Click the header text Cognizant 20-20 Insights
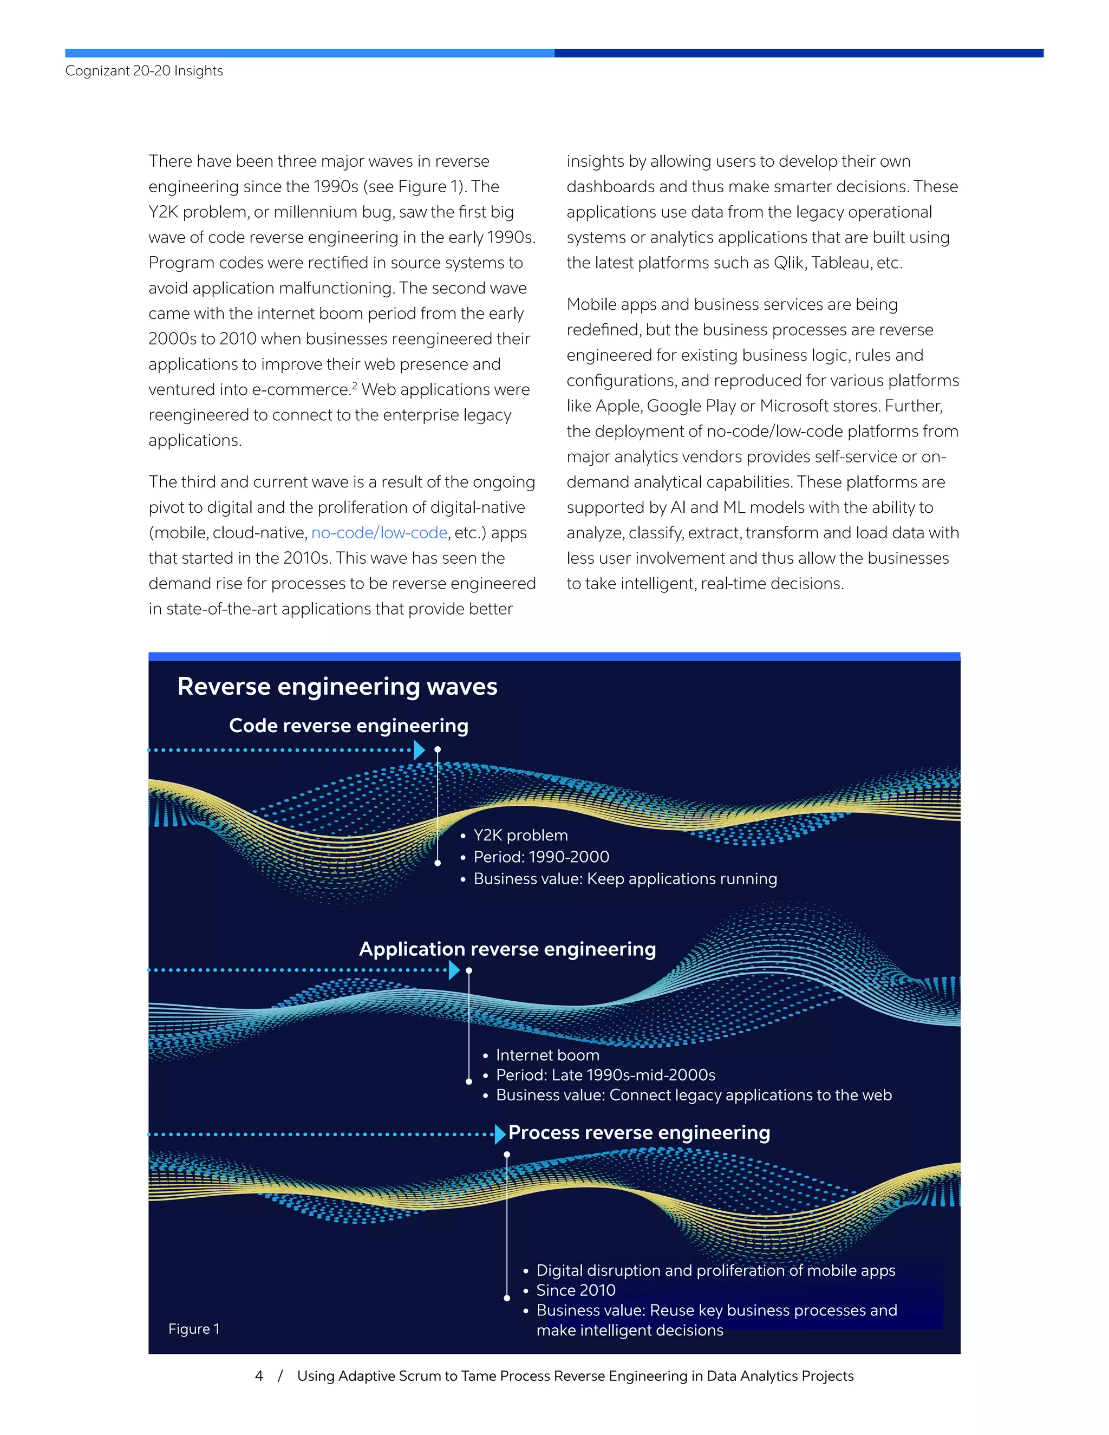(x=144, y=71)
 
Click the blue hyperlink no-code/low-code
(x=379, y=533)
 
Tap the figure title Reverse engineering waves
(x=337, y=687)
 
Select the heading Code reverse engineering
(x=348, y=726)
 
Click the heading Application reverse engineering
(x=507, y=949)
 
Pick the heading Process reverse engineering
(x=638, y=1133)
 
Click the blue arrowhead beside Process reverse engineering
(x=500, y=1134)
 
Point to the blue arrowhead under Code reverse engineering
(x=419, y=749)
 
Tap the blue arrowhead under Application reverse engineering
(x=454, y=970)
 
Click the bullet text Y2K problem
(x=520, y=835)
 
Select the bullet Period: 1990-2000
(x=541, y=857)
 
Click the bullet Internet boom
(x=547, y=1055)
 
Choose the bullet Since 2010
(x=576, y=1290)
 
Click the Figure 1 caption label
(x=194, y=1328)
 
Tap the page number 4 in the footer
(x=259, y=1376)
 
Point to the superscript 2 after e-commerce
(x=355, y=386)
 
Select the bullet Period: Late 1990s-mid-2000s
(x=605, y=1075)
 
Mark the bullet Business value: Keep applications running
(x=625, y=879)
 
